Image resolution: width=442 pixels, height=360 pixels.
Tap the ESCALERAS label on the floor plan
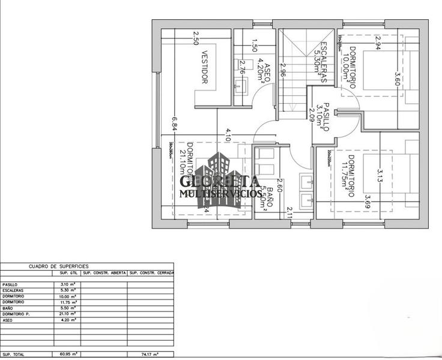coord(324,64)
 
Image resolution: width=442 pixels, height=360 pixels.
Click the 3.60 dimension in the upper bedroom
coord(396,80)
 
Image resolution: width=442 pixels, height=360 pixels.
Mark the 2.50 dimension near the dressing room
coord(196,38)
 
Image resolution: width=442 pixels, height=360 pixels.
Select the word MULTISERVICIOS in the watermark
coord(220,194)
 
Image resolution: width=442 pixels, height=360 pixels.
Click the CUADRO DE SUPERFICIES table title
coord(58,265)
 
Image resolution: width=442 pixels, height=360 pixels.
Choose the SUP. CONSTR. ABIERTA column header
coord(104,273)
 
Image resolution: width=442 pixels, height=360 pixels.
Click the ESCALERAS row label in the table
coord(13,290)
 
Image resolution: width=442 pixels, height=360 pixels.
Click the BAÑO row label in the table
coord(8,308)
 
